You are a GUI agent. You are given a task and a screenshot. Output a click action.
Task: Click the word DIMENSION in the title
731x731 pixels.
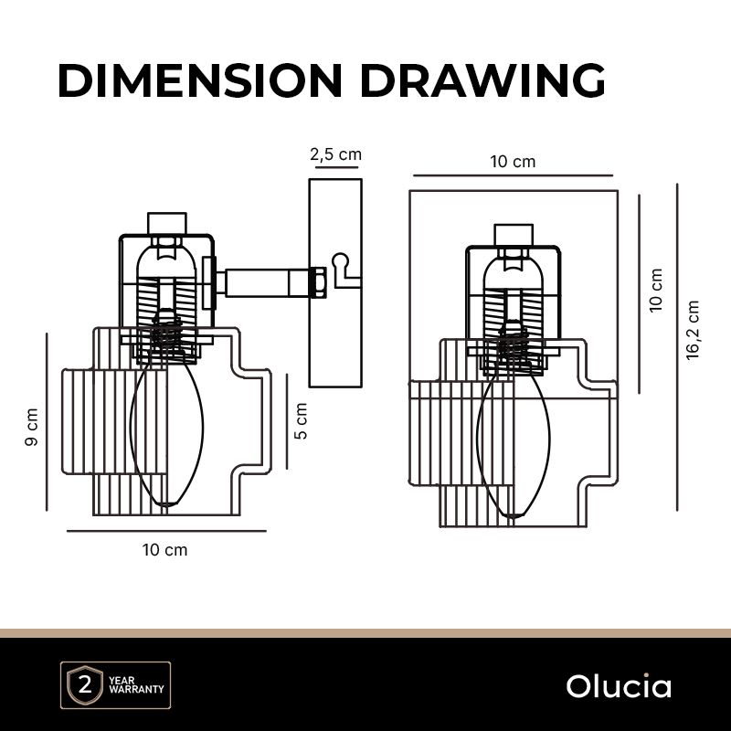point(200,81)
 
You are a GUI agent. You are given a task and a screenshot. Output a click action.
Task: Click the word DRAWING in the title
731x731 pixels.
point(482,81)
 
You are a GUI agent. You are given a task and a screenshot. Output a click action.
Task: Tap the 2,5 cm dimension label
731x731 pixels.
point(336,154)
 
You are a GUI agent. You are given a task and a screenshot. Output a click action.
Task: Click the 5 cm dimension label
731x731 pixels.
point(302,420)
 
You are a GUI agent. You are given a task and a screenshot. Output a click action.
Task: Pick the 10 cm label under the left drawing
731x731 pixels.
point(164,550)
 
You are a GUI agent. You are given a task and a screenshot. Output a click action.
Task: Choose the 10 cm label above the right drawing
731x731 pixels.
point(513,163)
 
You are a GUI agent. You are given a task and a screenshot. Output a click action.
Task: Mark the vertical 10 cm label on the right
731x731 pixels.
point(656,291)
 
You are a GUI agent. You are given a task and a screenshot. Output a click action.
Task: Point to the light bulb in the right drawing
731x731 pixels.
point(513,439)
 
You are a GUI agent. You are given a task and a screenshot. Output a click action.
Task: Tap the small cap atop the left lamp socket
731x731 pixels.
point(166,223)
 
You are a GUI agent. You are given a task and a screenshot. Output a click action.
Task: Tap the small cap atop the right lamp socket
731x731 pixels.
point(513,234)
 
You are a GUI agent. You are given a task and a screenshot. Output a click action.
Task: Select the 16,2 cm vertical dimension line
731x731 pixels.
point(677,347)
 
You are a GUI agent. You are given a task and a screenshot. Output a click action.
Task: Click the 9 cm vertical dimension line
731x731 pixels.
point(47,422)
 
